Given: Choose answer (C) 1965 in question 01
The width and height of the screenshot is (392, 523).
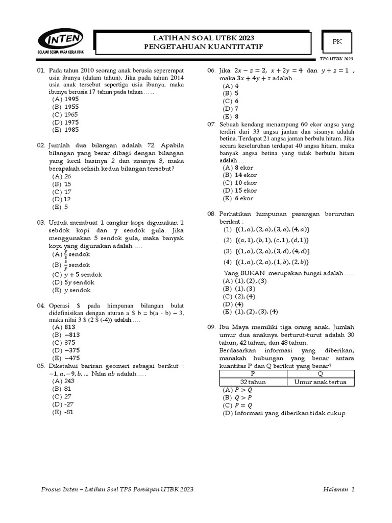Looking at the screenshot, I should pyautogui.click(x=64, y=115).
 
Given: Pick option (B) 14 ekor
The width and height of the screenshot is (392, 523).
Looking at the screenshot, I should pyautogui.click(x=237, y=175).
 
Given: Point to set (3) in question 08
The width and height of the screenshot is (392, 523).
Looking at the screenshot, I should pyautogui.click(x=267, y=251).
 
